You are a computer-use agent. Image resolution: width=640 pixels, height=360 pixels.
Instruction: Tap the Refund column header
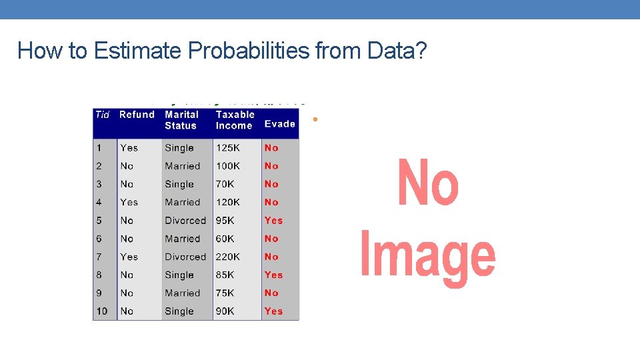tap(137, 115)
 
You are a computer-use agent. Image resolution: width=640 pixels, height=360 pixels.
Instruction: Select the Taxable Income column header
tap(235, 120)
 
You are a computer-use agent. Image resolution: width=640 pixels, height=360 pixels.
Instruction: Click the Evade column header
tap(280, 124)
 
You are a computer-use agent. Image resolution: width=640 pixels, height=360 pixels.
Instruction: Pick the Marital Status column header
tap(181, 120)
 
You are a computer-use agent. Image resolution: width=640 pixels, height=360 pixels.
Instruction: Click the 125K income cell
tap(228, 148)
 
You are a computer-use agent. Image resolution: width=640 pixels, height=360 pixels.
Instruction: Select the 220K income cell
tap(228, 257)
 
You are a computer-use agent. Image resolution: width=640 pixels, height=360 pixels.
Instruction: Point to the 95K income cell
tap(225, 221)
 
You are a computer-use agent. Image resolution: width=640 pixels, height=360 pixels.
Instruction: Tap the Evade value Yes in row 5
tap(273, 221)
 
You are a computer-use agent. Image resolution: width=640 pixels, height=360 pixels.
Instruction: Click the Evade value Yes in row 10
tap(273, 311)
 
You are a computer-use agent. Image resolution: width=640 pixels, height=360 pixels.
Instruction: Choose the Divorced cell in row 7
tap(185, 257)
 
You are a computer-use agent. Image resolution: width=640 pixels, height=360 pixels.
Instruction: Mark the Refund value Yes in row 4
tap(129, 202)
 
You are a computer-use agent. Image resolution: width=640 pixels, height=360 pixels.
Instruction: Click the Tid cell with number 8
tap(99, 275)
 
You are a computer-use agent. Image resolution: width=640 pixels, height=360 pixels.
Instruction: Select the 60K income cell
tap(225, 239)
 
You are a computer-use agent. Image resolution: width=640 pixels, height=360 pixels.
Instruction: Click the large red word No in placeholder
tap(428, 183)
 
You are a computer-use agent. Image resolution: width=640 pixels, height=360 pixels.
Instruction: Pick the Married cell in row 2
tap(182, 166)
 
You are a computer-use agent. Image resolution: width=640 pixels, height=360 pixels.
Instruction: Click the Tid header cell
tap(102, 115)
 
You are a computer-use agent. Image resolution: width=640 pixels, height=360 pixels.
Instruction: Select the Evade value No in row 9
tap(271, 293)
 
